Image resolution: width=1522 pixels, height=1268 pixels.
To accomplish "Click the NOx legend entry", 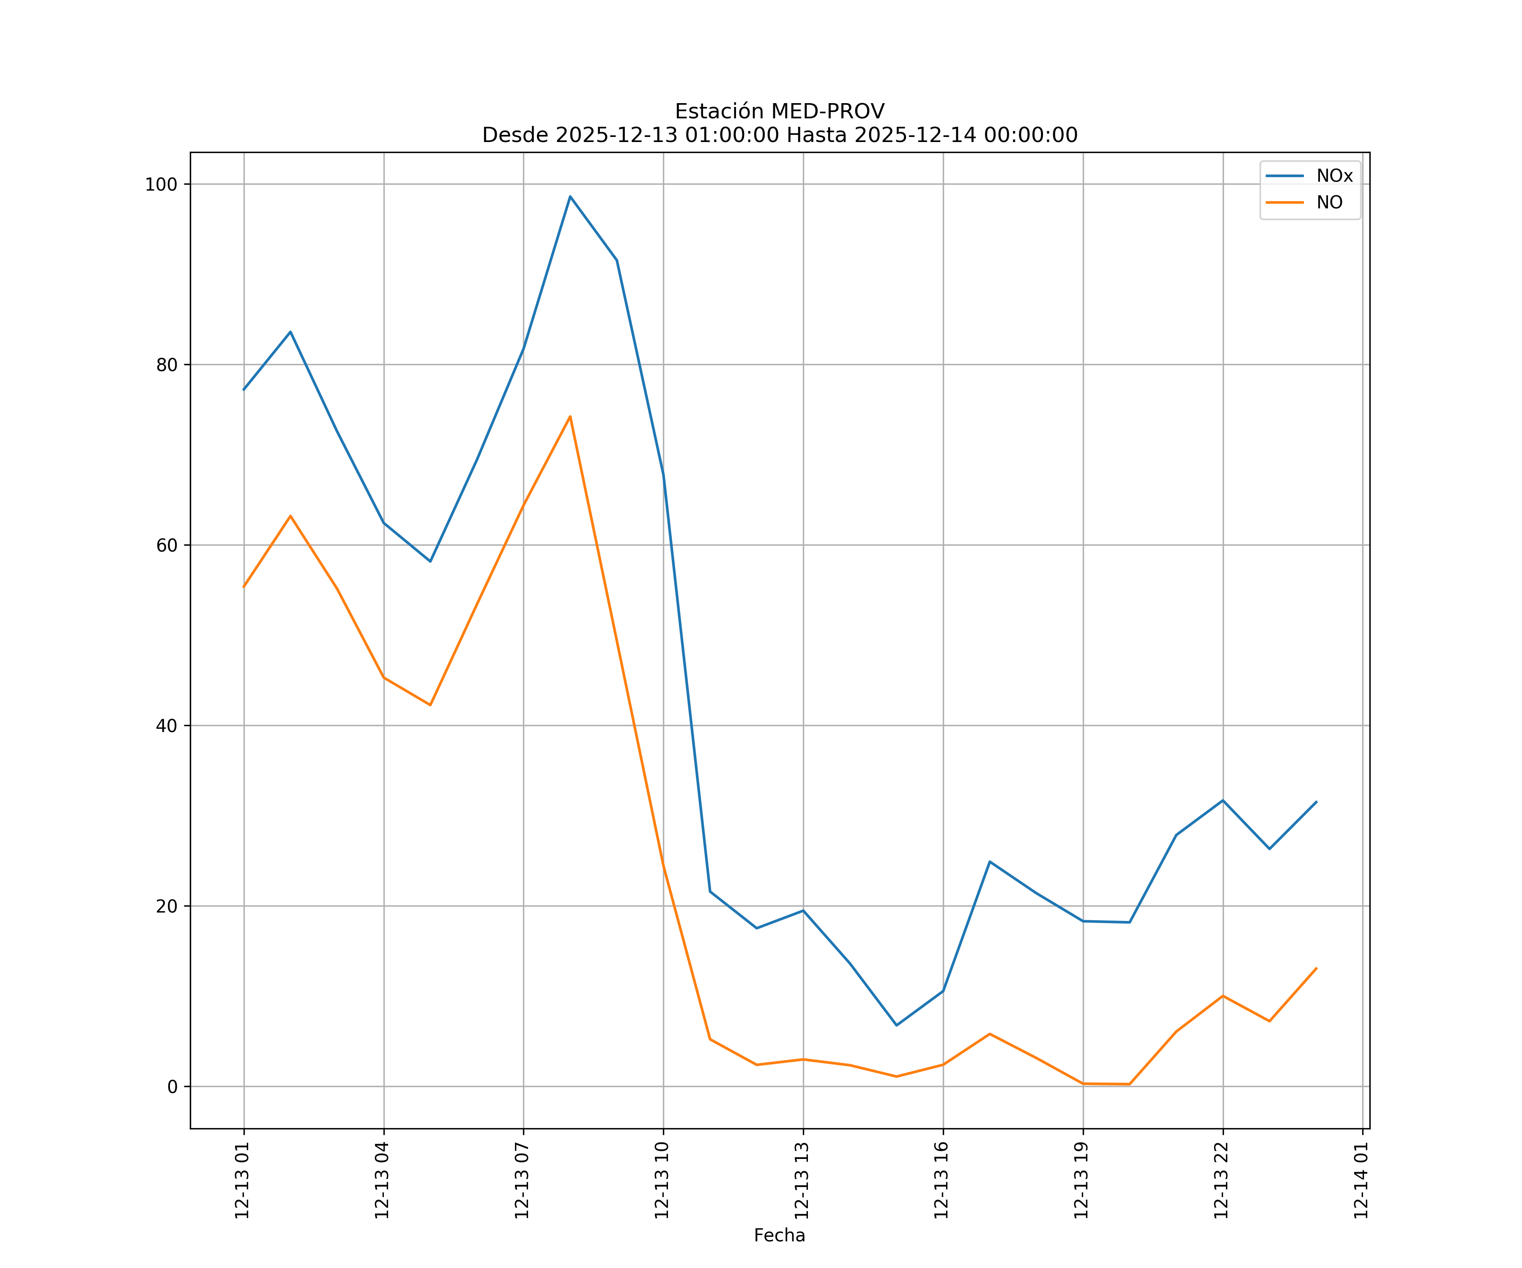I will click(x=1333, y=176).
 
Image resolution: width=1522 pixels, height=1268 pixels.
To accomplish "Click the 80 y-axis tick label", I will click(x=167, y=365).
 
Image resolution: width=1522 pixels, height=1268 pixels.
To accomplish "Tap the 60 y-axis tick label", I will click(x=167, y=546).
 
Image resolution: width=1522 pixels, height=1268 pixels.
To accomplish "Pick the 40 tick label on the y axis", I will click(x=167, y=726).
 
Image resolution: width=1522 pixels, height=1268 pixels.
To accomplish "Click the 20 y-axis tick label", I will click(x=167, y=907).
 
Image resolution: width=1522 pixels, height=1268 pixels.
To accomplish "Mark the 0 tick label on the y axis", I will click(x=172, y=1087).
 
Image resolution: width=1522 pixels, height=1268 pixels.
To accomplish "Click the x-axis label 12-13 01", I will click(x=242, y=1181).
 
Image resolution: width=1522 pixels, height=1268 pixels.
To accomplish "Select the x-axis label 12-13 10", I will click(x=662, y=1181).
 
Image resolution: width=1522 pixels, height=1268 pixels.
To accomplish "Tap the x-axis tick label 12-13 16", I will click(x=942, y=1181).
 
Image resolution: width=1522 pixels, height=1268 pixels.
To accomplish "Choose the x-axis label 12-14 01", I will click(x=1361, y=1181).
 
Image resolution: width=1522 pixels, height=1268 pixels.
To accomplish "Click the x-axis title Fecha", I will click(x=779, y=1235).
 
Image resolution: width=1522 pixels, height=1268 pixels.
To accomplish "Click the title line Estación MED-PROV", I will click(x=779, y=112).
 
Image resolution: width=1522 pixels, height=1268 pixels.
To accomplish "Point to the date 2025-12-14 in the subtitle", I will click(x=914, y=136).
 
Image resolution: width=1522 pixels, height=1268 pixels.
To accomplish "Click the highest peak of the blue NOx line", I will click(x=570, y=197).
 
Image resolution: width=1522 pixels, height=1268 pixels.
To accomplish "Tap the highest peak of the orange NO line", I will click(x=570, y=417).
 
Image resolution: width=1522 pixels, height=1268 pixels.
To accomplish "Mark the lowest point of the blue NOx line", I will click(x=897, y=1025).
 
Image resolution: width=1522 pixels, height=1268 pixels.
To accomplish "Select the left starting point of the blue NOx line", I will click(x=244, y=390).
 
